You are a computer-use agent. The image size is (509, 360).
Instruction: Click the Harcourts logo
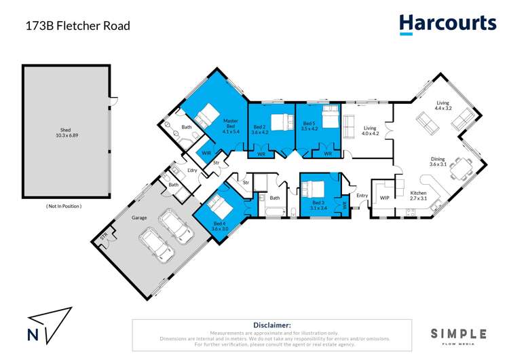(447, 24)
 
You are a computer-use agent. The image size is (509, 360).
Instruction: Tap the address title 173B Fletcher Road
(77, 26)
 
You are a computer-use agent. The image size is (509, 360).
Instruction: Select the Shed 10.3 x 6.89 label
(65, 132)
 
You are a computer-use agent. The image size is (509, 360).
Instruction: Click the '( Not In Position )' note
(64, 206)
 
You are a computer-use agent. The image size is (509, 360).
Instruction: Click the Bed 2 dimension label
(261, 130)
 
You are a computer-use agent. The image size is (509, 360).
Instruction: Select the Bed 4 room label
(219, 227)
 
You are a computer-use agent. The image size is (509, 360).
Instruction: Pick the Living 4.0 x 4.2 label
(370, 130)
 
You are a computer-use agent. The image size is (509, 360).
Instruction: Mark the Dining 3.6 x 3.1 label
(438, 163)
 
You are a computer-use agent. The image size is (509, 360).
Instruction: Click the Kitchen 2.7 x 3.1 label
(418, 196)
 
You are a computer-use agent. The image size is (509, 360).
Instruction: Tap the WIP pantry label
(384, 198)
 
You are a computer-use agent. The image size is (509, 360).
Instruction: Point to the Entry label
(362, 196)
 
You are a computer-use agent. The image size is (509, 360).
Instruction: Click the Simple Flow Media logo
(459, 335)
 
